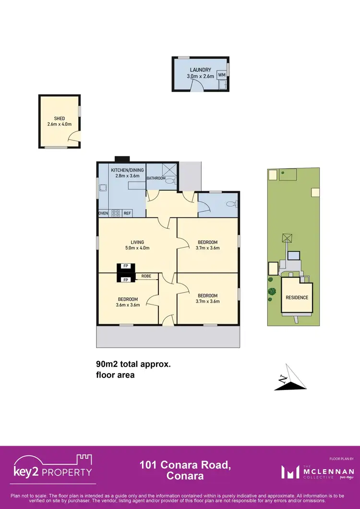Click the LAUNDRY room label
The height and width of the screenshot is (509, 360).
coord(200,70)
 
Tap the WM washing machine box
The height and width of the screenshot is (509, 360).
coord(221,75)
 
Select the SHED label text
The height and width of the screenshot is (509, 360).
coord(60,118)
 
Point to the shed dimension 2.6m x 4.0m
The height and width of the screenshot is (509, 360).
coord(60,124)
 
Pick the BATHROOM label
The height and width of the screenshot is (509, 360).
coord(156,178)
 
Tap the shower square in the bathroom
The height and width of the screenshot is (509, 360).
coord(169,170)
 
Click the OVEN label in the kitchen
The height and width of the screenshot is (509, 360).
coord(103,213)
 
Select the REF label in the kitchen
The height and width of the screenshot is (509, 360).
coord(127,213)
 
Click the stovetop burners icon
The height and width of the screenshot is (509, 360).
coord(115,213)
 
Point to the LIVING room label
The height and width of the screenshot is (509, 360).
coord(137,242)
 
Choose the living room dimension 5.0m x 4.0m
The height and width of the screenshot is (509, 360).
coord(137,248)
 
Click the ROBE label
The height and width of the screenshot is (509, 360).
coord(146,276)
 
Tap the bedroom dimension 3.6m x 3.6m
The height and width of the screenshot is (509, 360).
coord(128,305)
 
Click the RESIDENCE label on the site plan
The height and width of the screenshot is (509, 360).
coord(297,297)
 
